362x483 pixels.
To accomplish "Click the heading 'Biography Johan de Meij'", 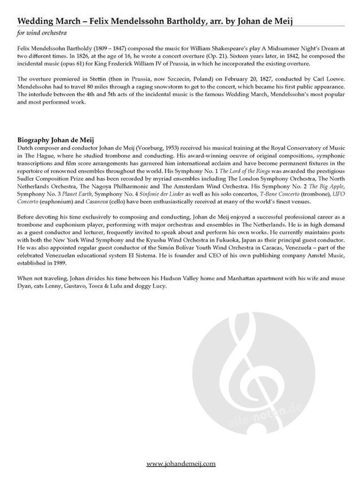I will coord(57,139).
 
